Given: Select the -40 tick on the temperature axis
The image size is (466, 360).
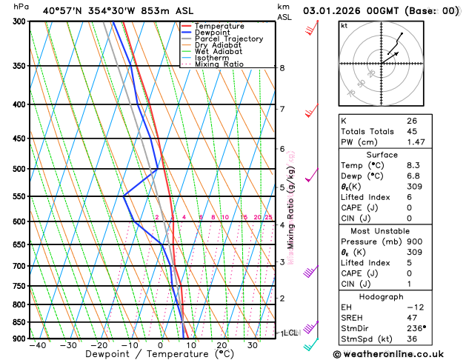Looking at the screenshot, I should click(x=36, y=345).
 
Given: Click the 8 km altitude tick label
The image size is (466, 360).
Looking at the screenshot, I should click(x=282, y=68).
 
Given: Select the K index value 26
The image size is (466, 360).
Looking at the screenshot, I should click(x=411, y=120).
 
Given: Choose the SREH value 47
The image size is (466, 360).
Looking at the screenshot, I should click(x=411, y=316).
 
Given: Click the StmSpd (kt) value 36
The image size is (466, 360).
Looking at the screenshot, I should click(x=411, y=338).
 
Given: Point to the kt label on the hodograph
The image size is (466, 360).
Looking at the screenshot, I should click(x=344, y=25).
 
